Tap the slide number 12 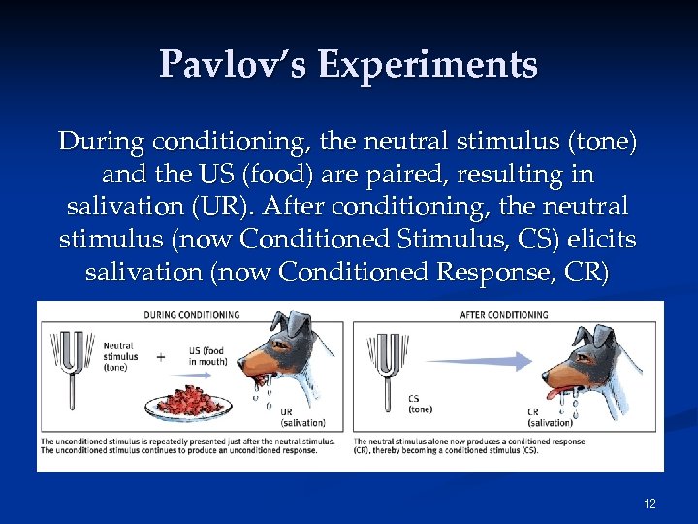pyautogui.click(x=649, y=503)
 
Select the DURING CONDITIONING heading pyautogui.click(x=192, y=315)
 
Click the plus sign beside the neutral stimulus pyautogui.click(x=160, y=358)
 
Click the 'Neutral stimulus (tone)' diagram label pyautogui.click(x=119, y=356)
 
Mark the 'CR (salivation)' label pyautogui.click(x=549, y=416)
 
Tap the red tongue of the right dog pyautogui.click(x=562, y=391)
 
